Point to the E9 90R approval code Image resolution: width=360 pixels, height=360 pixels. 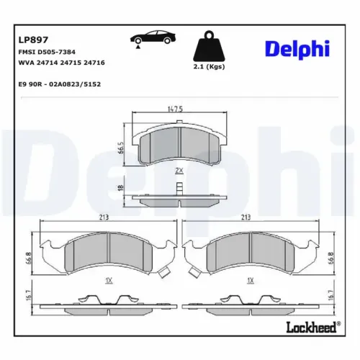tap(59, 85)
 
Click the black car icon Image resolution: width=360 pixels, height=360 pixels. tap(149, 40)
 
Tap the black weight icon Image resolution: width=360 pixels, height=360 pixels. tap(209, 48)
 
